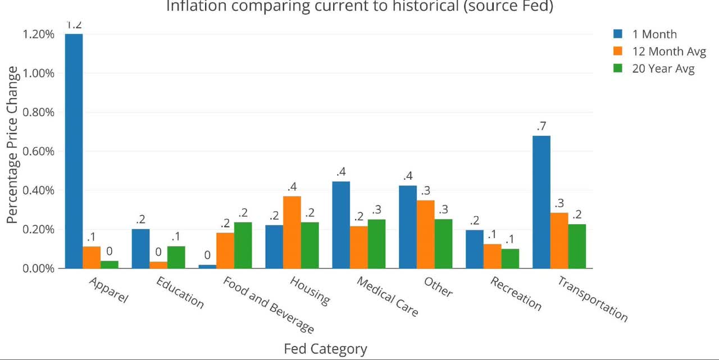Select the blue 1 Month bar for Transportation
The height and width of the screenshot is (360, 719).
point(541,202)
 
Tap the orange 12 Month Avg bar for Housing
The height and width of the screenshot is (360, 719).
point(292,232)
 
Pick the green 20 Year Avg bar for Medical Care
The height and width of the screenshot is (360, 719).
point(376,243)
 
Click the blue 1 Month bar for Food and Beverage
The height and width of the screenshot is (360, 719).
point(207,266)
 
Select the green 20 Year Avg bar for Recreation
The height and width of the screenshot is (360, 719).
point(510,258)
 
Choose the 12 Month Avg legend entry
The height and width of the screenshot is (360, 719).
point(659,52)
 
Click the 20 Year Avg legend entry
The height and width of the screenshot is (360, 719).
point(654,69)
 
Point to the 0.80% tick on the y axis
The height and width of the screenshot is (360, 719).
point(39,112)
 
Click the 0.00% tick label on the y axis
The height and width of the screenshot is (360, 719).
point(39,268)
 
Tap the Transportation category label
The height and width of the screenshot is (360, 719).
point(593,298)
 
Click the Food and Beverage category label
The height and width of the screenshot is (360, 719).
point(269,304)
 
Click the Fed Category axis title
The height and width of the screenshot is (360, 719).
point(325,349)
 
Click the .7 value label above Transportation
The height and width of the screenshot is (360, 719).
point(541,126)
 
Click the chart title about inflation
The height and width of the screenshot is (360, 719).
point(359,7)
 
